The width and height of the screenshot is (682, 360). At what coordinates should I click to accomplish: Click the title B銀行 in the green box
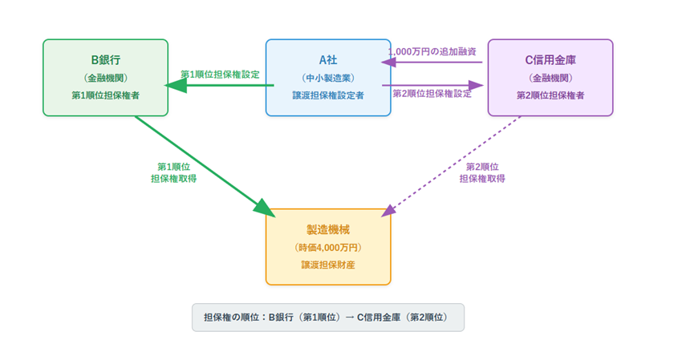click(x=105, y=59)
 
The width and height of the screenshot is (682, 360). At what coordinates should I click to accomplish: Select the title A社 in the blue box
click(x=328, y=59)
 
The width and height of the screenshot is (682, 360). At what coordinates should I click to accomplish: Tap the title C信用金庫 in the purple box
click(x=550, y=59)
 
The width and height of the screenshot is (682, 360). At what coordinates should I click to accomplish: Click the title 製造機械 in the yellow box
click(x=328, y=229)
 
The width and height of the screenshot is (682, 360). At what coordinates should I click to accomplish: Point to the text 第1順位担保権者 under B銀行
click(x=105, y=95)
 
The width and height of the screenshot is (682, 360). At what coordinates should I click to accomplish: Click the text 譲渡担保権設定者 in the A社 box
click(x=328, y=95)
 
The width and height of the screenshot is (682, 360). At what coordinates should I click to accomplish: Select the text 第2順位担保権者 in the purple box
click(x=550, y=95)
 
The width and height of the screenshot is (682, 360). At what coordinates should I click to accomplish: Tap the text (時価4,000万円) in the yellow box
click(x=328, y=247)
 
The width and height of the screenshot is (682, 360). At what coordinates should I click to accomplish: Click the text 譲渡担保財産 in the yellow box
click(x=328, y=265)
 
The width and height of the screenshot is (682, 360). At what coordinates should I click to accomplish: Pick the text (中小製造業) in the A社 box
click(x=328, y=78)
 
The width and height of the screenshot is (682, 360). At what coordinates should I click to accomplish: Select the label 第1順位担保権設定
click(x=219, y=74)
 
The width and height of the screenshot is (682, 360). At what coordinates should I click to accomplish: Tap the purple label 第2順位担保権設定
click(x=432, y=93)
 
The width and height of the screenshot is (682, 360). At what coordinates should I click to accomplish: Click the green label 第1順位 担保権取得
click(x=173, y=172)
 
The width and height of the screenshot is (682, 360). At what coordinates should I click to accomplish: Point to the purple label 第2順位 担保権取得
click(x=482, y=172)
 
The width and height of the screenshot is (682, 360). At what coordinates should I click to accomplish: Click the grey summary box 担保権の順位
click(x=328, y=317)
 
